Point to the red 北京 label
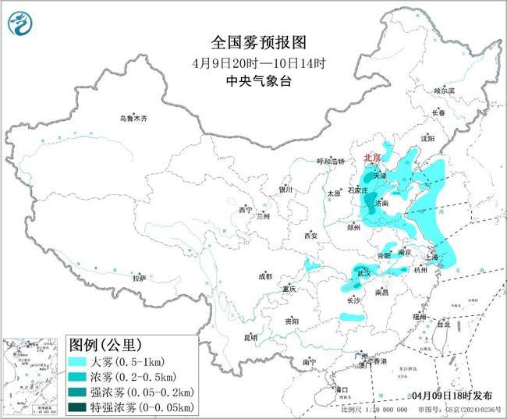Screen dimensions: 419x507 click(374, 158)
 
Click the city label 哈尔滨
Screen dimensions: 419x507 click(444, 91)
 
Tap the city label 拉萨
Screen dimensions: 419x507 click(139, 277)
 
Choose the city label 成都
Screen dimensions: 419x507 click(266, 275)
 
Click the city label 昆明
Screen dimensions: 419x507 click(250, 337)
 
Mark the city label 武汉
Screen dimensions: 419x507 click(364, 274)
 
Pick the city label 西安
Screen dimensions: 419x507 click(311, 235)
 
